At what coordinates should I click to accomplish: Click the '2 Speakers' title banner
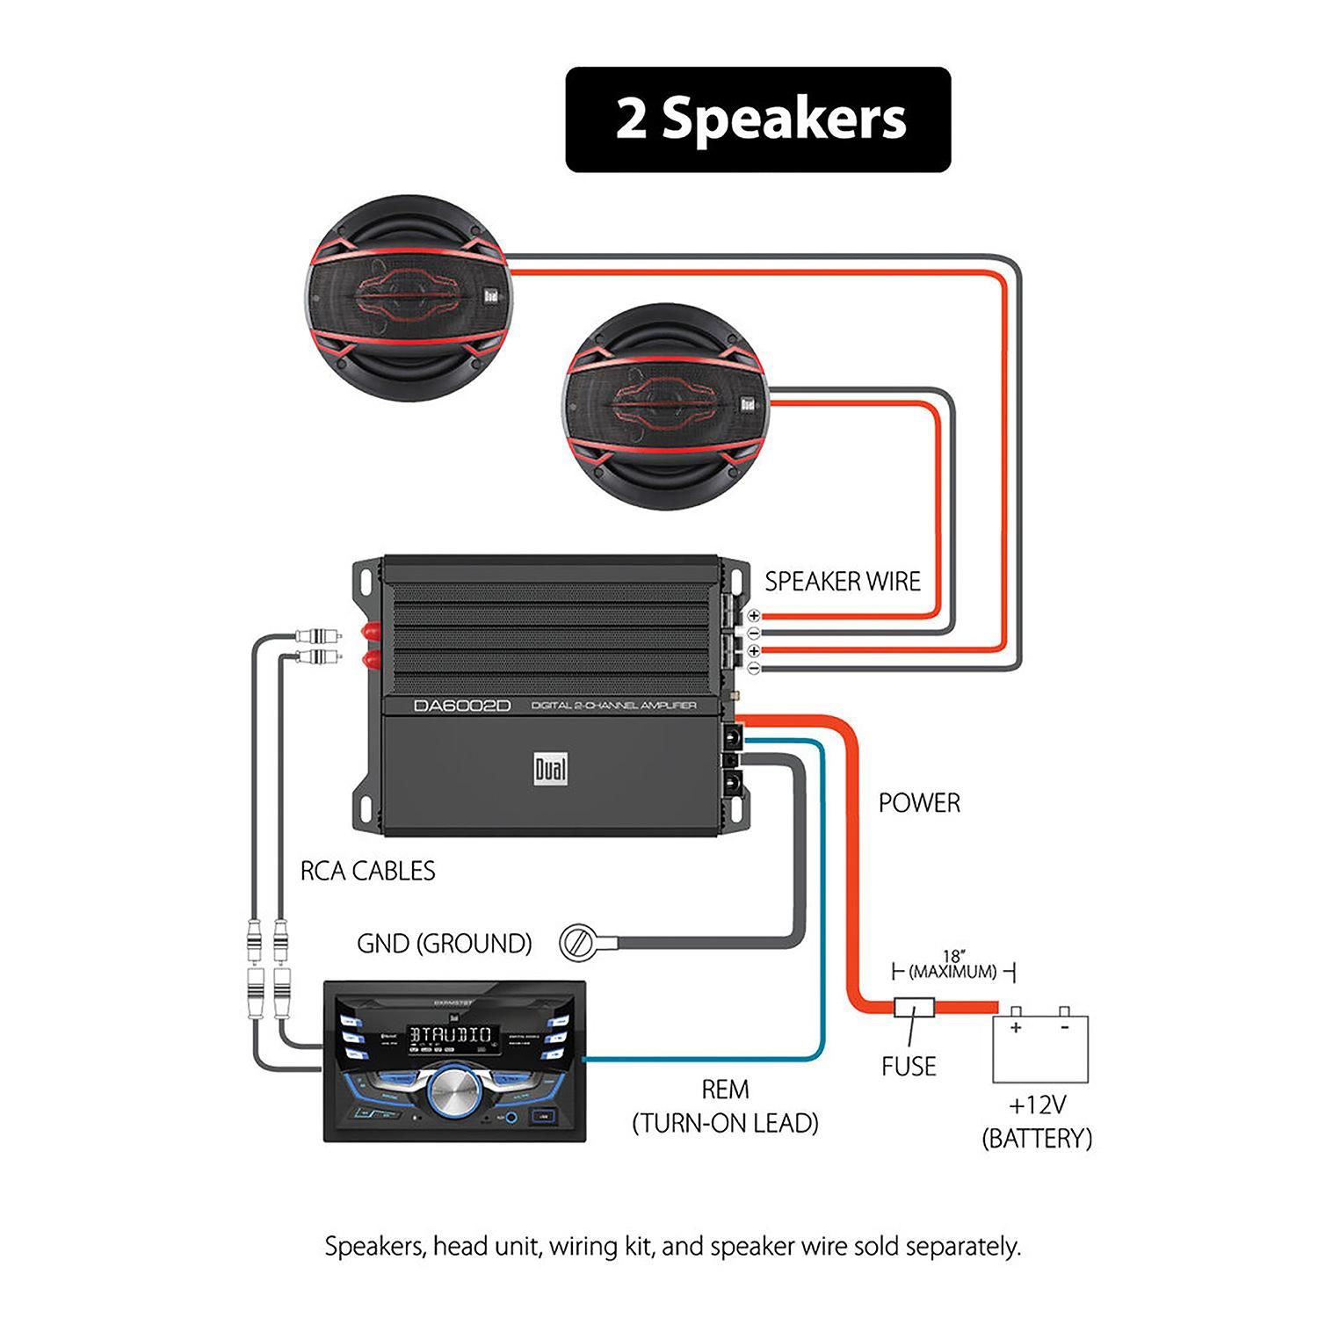click(757, 119)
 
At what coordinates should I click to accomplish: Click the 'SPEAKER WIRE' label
click(842, 582)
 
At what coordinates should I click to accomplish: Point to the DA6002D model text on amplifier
click(462, 706)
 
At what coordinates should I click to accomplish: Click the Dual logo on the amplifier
click(551, 770)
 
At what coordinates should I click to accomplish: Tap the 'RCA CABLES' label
click(367, 871)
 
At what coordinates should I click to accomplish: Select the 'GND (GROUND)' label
click(444, 944)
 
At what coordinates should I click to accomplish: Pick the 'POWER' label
click(919, 802)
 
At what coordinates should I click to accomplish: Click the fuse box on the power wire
click(914, 1007)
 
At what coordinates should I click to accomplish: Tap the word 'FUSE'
click(909, 1066)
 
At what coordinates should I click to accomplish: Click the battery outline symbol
click(1040, 1047)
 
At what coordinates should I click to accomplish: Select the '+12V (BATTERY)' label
click(1037, 1121)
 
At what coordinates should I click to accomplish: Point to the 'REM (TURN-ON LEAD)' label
click(726, 1106)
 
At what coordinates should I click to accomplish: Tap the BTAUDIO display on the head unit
click(450, 1034)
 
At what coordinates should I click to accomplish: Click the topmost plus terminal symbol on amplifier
click(753, 616)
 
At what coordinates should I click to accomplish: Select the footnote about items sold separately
click(672, 1246)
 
